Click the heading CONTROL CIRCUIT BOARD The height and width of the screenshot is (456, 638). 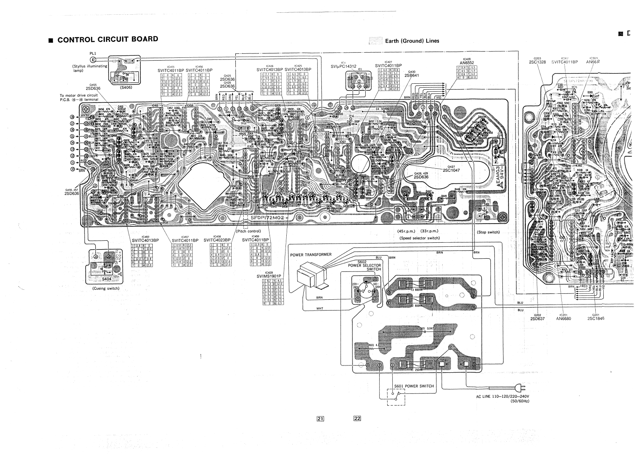pos(108,39)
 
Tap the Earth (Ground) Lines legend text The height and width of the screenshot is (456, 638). pos(412,41)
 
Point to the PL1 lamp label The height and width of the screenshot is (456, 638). pos(93,53)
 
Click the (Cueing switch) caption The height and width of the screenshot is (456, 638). pos(106,288)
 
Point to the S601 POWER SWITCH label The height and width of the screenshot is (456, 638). pos(414,386)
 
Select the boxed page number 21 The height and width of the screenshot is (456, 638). pos(320,418)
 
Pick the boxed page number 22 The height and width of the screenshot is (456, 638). pos(357,418)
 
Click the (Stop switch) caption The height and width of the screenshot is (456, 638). pos(488,232)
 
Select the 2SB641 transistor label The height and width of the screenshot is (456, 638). pos(413,75)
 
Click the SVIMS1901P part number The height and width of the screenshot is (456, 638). pos(269,276)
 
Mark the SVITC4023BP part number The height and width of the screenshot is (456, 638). pos(217,240)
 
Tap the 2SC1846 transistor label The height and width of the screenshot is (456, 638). pos(596,318)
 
